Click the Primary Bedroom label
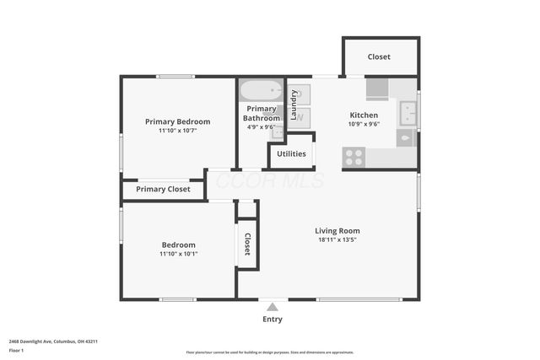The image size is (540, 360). [x=177, y=121]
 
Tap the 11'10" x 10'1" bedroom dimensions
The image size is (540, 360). [x=178, y=254]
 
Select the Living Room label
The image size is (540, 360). [x=337, y=230]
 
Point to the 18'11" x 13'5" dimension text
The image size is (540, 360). [x=337, y=239]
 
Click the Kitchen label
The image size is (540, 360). [x=364, y=115]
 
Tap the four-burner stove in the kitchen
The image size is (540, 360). [x=354, y=157]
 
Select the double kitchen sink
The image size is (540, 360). [x=408, y=111]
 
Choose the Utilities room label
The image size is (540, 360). [x=291, y=153]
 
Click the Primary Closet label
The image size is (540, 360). [x=163, y=190]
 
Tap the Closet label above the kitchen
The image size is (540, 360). [x=379, y=57]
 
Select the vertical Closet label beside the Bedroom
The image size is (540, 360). [x=247, y=244]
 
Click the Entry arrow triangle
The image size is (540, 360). [x=272, y=308]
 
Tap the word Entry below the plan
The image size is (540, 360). [x=272, y=320]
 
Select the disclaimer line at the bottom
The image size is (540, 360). [x=270, y=352]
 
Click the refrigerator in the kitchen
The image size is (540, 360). [x=377, y=89]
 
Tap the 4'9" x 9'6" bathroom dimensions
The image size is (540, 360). [x=262, y=128]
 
